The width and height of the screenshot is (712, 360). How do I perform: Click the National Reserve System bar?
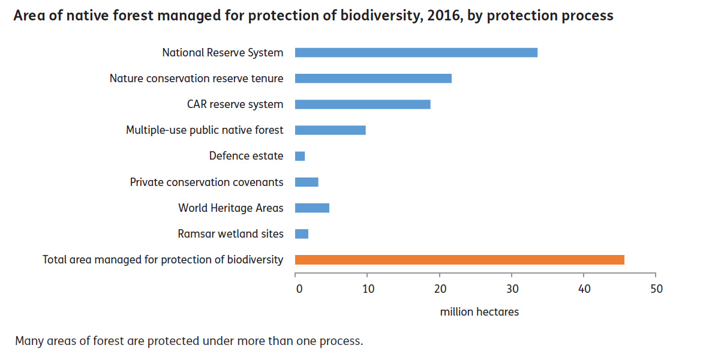[416, 52]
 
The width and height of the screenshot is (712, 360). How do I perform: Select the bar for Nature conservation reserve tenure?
[373, 78]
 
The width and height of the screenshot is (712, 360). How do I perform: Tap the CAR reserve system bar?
[362, 104]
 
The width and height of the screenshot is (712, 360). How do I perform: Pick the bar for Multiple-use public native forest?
[330, 130]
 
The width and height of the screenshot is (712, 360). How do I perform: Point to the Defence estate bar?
[300, 156]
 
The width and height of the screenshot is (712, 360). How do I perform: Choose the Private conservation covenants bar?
[307, 182]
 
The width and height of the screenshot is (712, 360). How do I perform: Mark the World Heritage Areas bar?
[312, 208]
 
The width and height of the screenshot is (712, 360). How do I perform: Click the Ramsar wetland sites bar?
[302, 234]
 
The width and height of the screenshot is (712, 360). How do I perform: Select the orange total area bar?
[459, 260]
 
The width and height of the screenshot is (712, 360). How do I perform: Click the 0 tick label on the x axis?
[299, 289]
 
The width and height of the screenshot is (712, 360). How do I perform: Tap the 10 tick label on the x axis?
[368, 289]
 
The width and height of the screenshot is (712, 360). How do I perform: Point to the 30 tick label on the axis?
[512, 289]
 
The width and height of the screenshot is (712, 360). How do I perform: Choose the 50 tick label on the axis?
[656, 289]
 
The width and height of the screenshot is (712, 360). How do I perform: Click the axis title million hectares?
[479, 312]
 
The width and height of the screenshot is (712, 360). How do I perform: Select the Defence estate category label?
[246, 156]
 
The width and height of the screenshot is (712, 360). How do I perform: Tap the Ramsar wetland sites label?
[230, 234]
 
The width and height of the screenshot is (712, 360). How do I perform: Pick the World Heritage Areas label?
[230, 208]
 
